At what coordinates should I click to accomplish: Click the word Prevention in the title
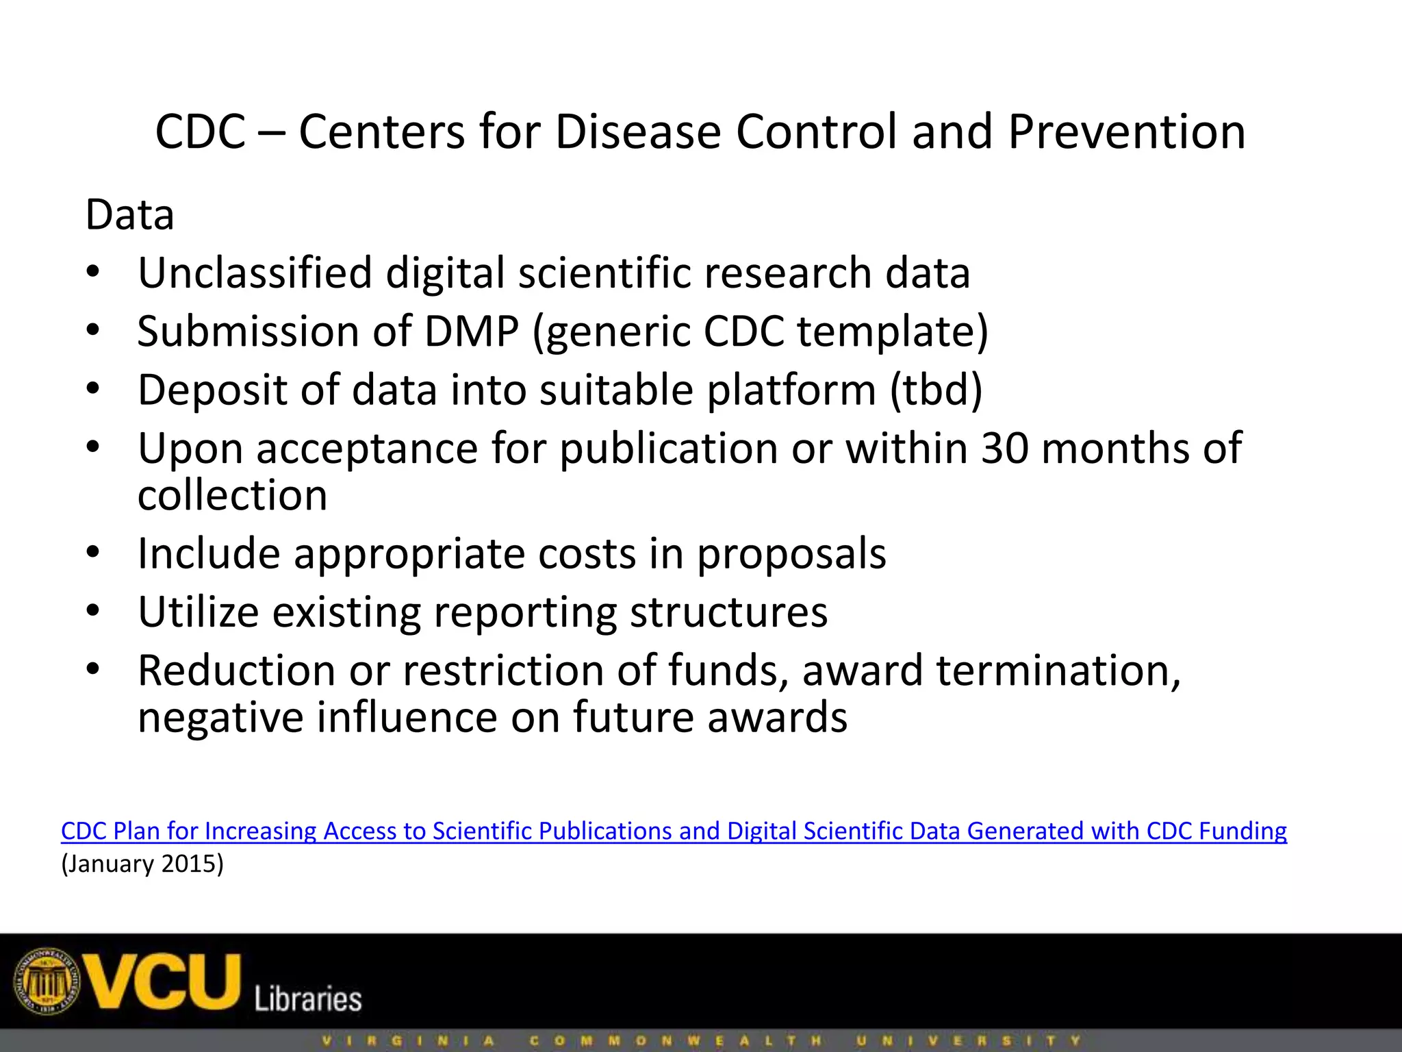tap(1126, 131)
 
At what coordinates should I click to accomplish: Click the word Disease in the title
tap(637, 131)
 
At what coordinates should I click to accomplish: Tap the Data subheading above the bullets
tap(129, 215)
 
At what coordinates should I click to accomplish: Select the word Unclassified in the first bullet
tap(254, 273)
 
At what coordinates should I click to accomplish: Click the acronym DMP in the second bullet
tap(471, 332)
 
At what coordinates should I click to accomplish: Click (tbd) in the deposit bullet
tap(936, 390)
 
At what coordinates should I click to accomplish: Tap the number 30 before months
tap(1004, 449)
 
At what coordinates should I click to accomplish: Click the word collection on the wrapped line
tap(232, 495)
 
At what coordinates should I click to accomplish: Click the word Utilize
tap(198, 612)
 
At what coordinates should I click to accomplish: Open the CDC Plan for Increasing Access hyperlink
tap(674, 831)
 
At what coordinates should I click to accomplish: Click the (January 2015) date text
tap(142, 864)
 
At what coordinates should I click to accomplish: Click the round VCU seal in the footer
tap(47, 982)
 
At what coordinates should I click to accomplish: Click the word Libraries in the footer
tap(307, 999)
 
